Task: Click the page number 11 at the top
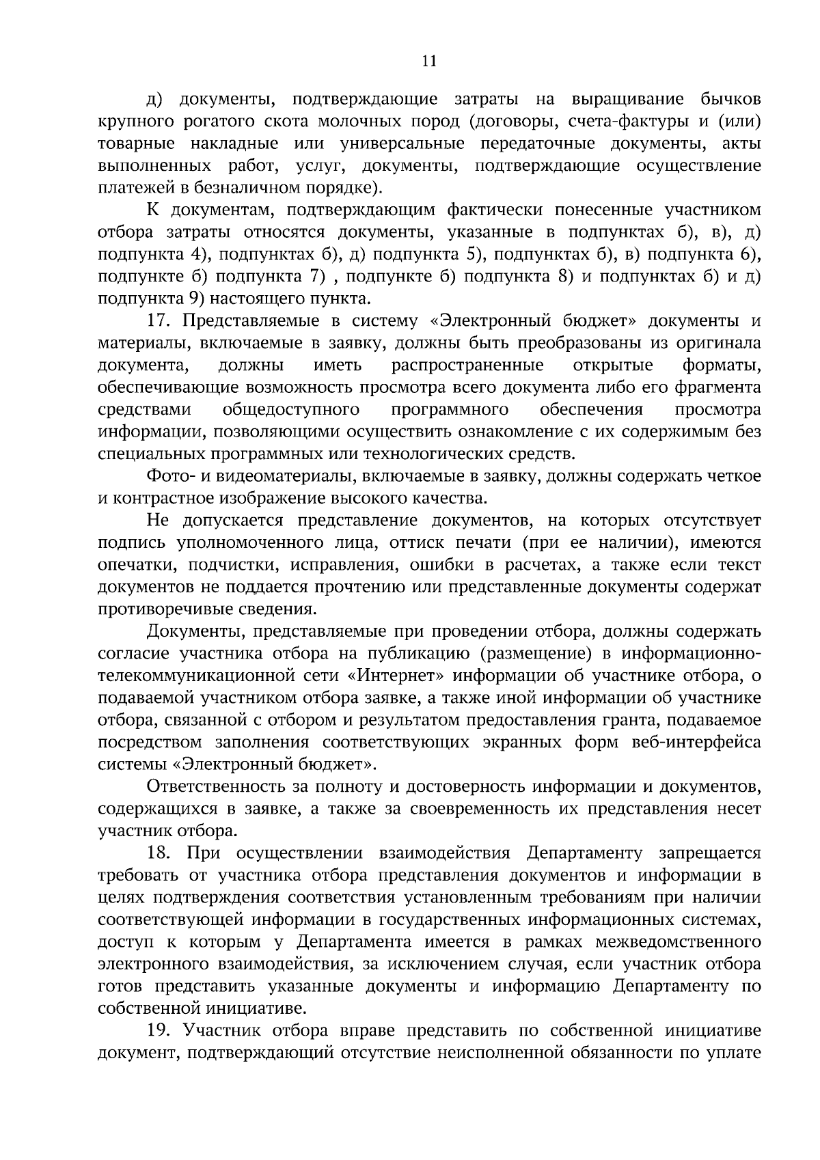pyautogui.click(x=429, y=61)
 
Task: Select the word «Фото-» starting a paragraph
pyautogui.click(x=171, y=476)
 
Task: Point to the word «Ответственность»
pyautogui.click(x=219, y=787)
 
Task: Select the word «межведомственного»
pyautogui.click(x=679, y=942)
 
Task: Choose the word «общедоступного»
pyautogui.click(x=292, y=410)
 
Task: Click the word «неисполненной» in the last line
pyautogui.click(x=497, y=1053)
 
